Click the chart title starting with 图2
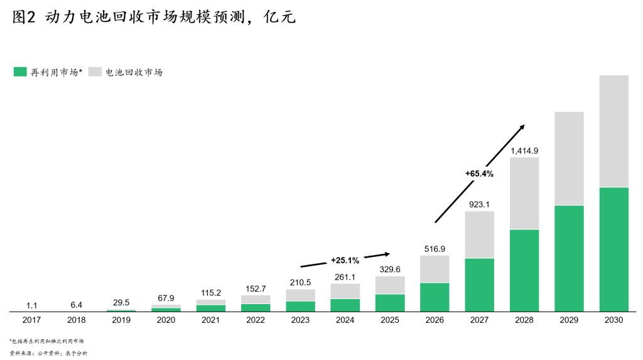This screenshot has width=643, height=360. tap(153, 18)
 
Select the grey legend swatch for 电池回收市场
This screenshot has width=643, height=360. tap(95, 72)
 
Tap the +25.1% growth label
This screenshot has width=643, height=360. tap(345, 260)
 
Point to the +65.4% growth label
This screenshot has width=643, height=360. tap(479, 173)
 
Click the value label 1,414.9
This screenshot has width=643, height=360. tap(524, 151)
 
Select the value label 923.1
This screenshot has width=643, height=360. tap(479, 204)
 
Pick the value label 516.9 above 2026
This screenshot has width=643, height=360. tap(435, 249)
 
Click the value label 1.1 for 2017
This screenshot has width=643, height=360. tap(32, 305)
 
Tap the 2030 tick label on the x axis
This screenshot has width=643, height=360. tap(613, 320)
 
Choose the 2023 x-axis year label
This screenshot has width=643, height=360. tap(300, 320)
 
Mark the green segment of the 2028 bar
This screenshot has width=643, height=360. tap(524, 270)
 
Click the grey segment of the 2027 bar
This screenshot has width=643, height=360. tap(479, 234)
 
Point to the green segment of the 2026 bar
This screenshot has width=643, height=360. tap(435, 297)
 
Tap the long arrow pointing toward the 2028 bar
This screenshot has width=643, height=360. tap(479, 173)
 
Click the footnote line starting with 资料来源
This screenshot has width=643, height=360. tap(48, 354)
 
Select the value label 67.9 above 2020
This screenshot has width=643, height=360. tap(166, 298)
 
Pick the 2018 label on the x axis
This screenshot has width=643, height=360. tap(77, 320)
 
